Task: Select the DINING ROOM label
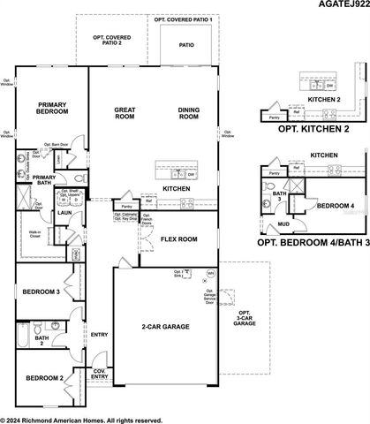(x=189, y=112)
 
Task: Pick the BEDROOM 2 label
(x=43, y=378)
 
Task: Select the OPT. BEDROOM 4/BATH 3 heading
(x=309, y=240)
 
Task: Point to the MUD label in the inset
(x=283, y=224)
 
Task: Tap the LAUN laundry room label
(x=41, y=213)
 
